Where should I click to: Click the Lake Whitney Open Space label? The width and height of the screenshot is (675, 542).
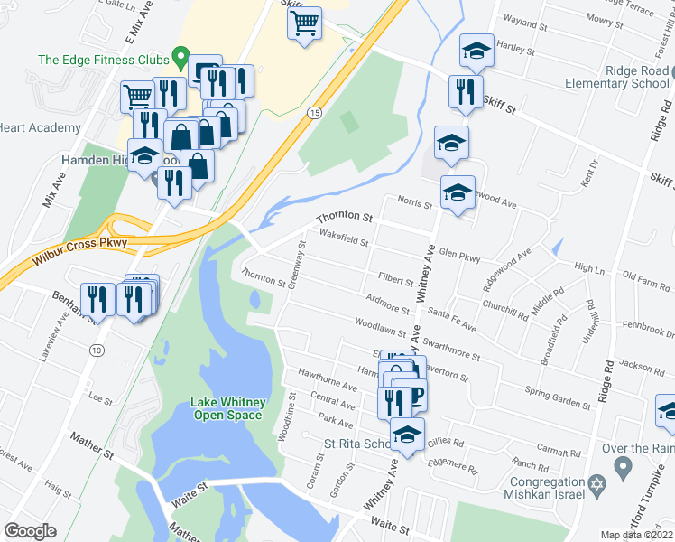click(x=227, y=408)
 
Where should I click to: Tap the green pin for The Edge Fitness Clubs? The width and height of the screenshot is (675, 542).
click(x=180, y=59)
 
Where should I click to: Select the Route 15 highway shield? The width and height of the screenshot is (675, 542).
click(x=313, y=112)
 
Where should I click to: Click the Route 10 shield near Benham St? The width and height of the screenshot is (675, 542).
click(x=96, y=350)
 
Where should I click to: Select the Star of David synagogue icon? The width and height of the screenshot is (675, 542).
click(x=595, y=486)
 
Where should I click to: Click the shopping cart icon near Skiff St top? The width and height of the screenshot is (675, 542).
click(x=305, y=22)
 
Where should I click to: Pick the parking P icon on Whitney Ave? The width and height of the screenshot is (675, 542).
click(x=415, y=396)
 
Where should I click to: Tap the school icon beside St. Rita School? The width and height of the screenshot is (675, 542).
click(x=407, y=435)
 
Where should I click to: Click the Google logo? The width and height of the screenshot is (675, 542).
click(x=31, y=530)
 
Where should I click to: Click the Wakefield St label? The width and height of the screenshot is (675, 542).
click(x=343, y=239)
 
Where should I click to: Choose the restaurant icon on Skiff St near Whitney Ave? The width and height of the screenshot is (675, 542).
click(x=465, y=91)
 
